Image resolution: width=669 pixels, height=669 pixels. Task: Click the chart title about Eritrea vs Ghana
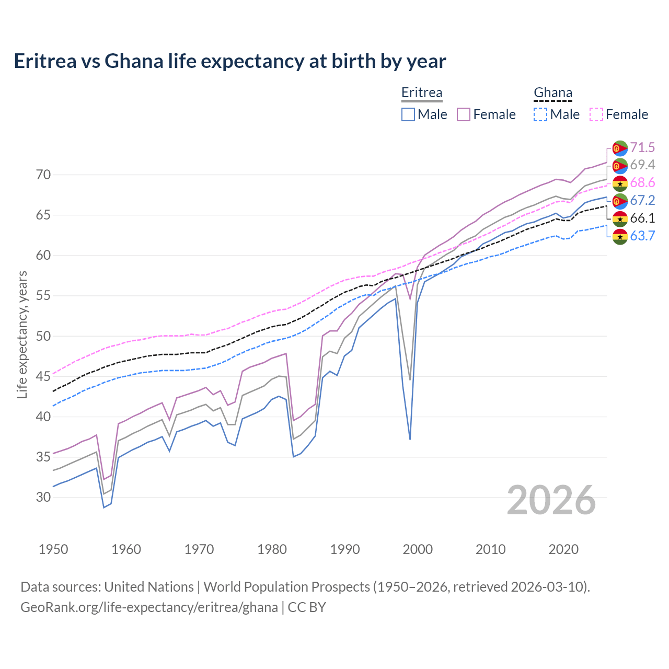[x=230, y=61]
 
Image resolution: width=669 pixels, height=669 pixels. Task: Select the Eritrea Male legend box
[x=408, y=114]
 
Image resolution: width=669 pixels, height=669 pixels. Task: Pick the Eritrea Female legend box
[x=464, y=114]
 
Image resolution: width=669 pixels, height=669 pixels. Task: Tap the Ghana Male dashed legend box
[x=540, y=114]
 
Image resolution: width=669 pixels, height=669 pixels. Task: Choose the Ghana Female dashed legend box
[x=596, y=114]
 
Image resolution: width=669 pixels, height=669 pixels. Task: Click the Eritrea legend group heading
[x=422, y=93]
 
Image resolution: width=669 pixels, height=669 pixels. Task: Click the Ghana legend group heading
[x=553, y=93]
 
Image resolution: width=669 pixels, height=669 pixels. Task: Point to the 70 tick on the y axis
[x=43, y=175]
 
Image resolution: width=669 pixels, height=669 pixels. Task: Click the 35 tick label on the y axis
[x=43, y=457]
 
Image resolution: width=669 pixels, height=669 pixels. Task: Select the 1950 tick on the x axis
[x=53, y=549]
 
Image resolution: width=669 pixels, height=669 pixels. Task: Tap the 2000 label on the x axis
[x=418, y=549]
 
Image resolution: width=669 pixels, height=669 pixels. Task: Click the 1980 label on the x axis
[x=272, y=549]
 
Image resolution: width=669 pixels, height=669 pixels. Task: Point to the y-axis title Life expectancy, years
[x=22, y=334]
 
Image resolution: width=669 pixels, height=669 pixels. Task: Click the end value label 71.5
[x=642, y=147]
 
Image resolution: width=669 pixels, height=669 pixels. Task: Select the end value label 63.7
[x=642, y=236]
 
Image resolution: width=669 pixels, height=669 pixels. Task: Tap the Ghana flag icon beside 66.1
[x=620, y=218]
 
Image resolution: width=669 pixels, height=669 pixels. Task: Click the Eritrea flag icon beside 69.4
[x=620, y=166]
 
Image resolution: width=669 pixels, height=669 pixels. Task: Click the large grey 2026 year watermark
[x=551, y=500]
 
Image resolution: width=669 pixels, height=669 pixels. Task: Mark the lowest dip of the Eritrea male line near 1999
[x=410, y=439]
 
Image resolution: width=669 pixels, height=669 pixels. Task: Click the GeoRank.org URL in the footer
[x=149, y=607]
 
